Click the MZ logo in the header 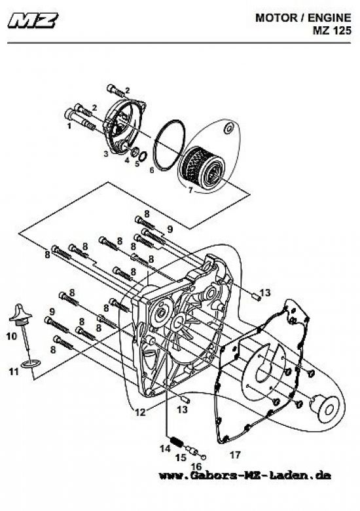[x=33, y=20]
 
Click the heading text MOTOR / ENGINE [x=303, y=18]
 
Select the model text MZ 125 [x=332, y=31]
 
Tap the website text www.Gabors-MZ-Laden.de [x=245, y=475]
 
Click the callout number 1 [x=69, y=126]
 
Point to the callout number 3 [x=106, y=154]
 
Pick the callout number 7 [x=190, y=191]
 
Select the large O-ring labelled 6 [x=169, y=145]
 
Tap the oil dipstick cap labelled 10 [x=20, y=314]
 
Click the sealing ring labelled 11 [x=30, y=364]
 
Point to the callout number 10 [x=12, y=335]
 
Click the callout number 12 [x=140, y=412]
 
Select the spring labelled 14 [x=175, y=442]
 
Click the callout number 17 [x=235, y=455]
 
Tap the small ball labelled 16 [x=204, y=457]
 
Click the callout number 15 [x=181, y=457]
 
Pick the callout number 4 [x=127, y=160]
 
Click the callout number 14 [x=165, y=448]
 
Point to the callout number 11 [x=14, y=371]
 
